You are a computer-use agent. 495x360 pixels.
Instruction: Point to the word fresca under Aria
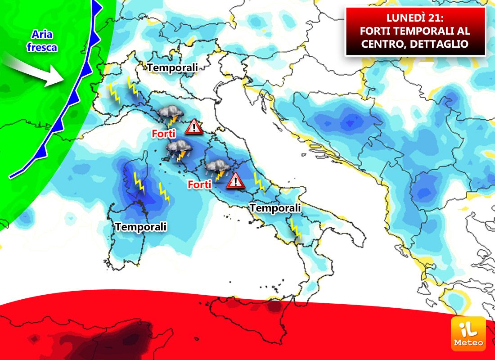coord(42,46)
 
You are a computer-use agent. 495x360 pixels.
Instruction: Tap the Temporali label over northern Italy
coord(172,67)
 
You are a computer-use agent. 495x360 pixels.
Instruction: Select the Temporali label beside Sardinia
coord(141,227)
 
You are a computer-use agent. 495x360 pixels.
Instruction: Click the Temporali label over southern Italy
coord(275,208)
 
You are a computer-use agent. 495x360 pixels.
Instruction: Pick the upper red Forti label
coord(163,133)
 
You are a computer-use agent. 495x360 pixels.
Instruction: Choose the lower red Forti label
coord(200,184)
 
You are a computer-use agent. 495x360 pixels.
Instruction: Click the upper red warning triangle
coord(194,127)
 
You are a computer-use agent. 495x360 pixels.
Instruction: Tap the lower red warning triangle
coord(235,180)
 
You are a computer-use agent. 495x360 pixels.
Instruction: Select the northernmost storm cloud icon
coord(170,115)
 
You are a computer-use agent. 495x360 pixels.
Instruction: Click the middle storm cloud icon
coord(179,150)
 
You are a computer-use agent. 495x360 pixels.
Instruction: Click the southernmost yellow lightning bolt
coord(295,229)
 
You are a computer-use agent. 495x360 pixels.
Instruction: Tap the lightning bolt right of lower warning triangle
coord(259,182)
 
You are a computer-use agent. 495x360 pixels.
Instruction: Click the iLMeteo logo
coord(468,333)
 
